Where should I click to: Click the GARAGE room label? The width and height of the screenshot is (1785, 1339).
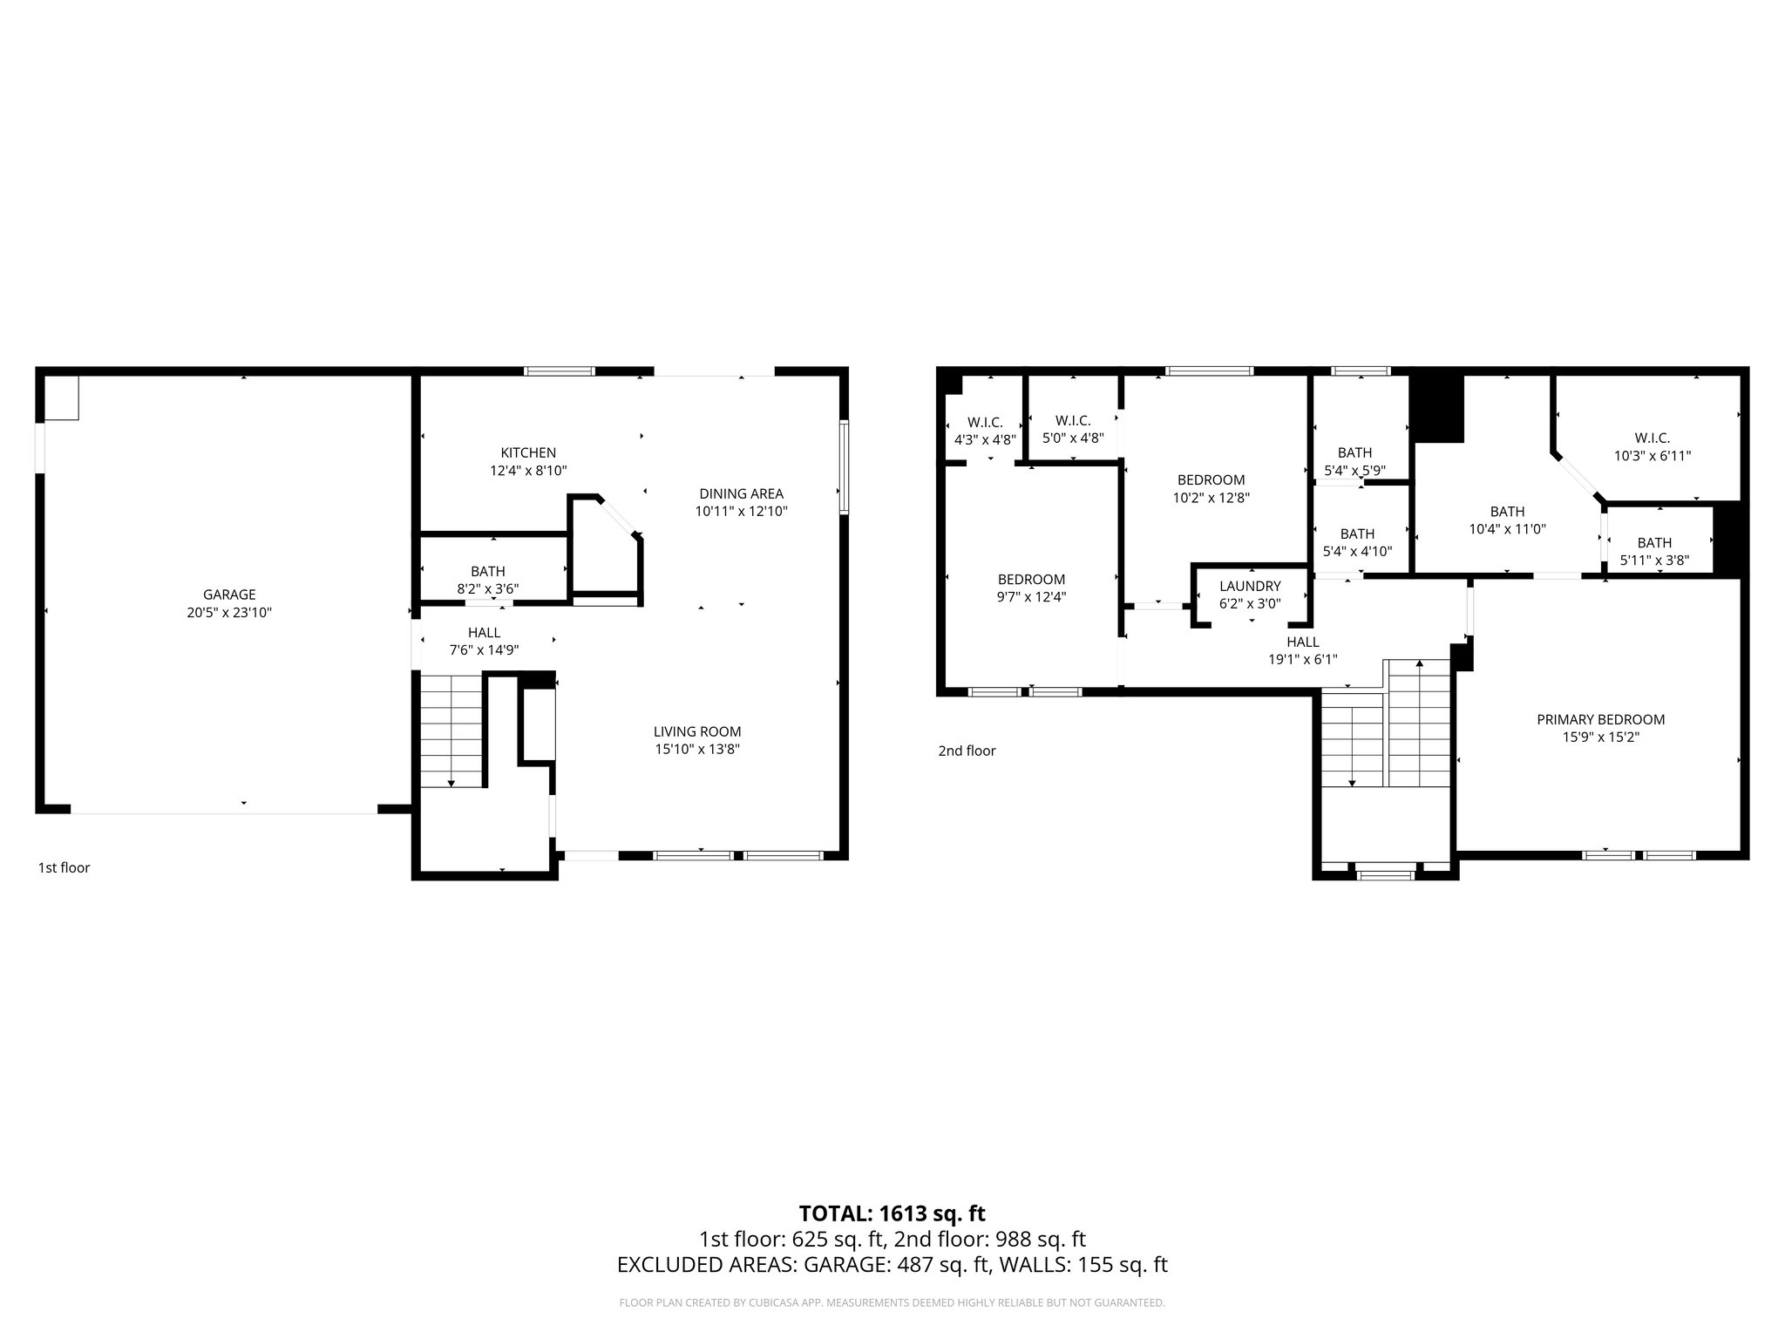click(229, 595)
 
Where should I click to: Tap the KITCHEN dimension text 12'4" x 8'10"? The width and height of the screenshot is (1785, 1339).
click(528, 471)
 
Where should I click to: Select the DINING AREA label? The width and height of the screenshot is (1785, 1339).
click(741, 493)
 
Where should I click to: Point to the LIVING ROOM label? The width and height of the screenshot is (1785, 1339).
click(697, 731)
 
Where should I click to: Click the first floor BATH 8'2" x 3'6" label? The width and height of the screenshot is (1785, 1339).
click(488, 571)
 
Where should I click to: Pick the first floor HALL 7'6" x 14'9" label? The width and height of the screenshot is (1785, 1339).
click(484, 633)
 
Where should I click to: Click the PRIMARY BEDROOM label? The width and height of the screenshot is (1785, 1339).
click(1600, 719)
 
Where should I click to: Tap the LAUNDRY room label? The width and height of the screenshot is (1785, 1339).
click(1250, 586)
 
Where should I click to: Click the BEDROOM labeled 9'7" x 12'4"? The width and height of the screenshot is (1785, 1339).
click(1031, 579)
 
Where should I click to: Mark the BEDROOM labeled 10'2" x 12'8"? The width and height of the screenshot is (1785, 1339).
click(1211, 479)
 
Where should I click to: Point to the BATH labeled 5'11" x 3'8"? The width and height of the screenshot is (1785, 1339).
click(1653, 542)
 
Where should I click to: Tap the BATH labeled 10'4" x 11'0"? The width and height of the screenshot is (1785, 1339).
click(1507, 512)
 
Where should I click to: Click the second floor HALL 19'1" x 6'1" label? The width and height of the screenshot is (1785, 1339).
click(1302, 642)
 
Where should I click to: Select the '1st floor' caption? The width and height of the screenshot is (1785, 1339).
click(64, 867)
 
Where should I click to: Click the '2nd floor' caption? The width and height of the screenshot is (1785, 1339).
click(967, 751)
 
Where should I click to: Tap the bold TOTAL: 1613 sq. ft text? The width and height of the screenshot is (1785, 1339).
click(892, 1213)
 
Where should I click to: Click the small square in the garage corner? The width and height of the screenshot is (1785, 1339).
click(62, 398)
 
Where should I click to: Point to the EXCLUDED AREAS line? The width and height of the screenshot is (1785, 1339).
click(892, 1264)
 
